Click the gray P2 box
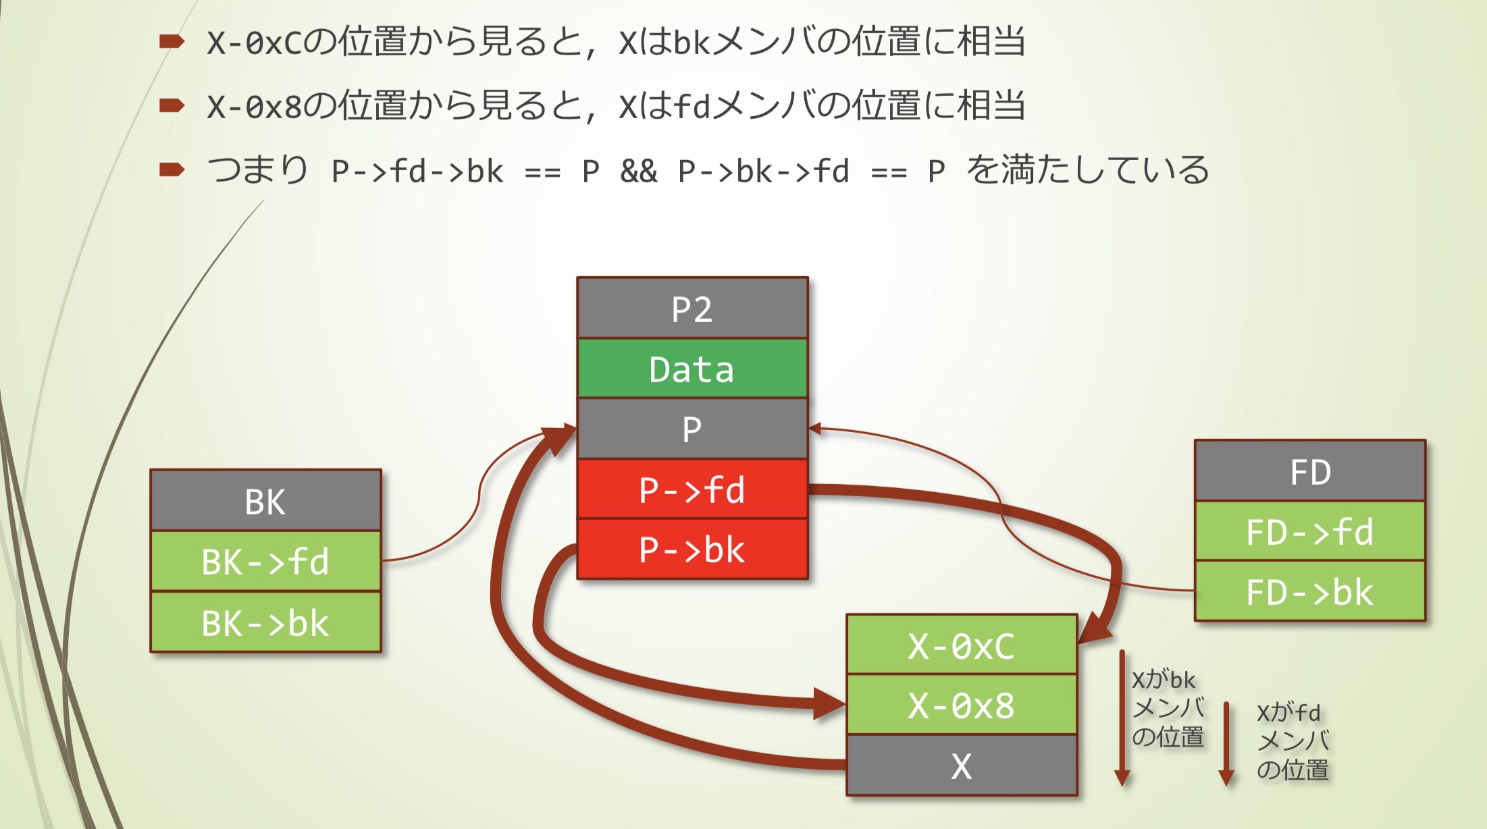pyautogui.click(x=692, y=309)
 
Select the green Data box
pyautogui.click(x=692, y=369)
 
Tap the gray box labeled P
pyautogui.click(x=692, y=429)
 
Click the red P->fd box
pyautogui.click(x=692, y=489)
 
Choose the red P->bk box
pyautogui.click(x=692, y=549)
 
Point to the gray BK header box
pyautogui.click(x=265, y=501)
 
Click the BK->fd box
pyautogui.click(x=265, y=561)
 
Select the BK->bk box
pyautogui.click(x=265, y=622)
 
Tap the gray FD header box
pyautogui.click(x=1310, y=471)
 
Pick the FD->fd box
pyautogui.click(x=1310, y=531)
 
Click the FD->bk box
pyautogui.click(x=1310, y=591)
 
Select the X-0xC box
pyautogui.click(x=962, y=645)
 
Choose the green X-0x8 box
pyautogui.click(x=962, y=705)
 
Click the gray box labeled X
pyautogui.click(x=962, y=766)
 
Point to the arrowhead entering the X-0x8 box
pyautogui.click(x=830, y=704)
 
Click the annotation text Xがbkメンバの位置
pyautogui.click(x=1168, y=708)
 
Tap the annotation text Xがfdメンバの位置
pyautogui.click(x=1293, y=741)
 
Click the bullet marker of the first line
pyautogui.click(x=172, y=42)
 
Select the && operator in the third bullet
pyautogui.click(x=638, y=171)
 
